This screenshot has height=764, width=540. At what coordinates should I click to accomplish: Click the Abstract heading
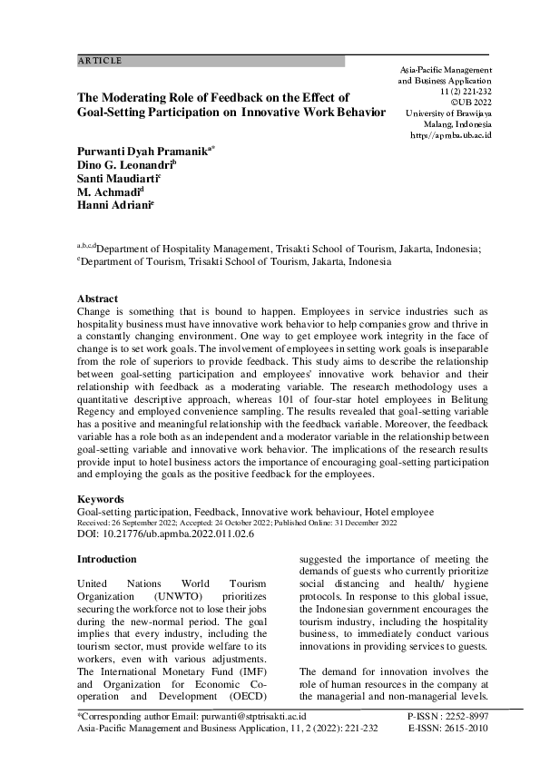97,299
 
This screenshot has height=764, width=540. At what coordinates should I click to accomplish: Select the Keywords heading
102,498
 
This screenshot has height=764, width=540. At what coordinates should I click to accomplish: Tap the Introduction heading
107,559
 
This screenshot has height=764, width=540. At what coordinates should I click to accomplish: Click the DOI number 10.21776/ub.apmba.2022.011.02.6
177,534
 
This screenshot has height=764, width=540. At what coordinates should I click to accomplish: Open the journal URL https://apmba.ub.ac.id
451,134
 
